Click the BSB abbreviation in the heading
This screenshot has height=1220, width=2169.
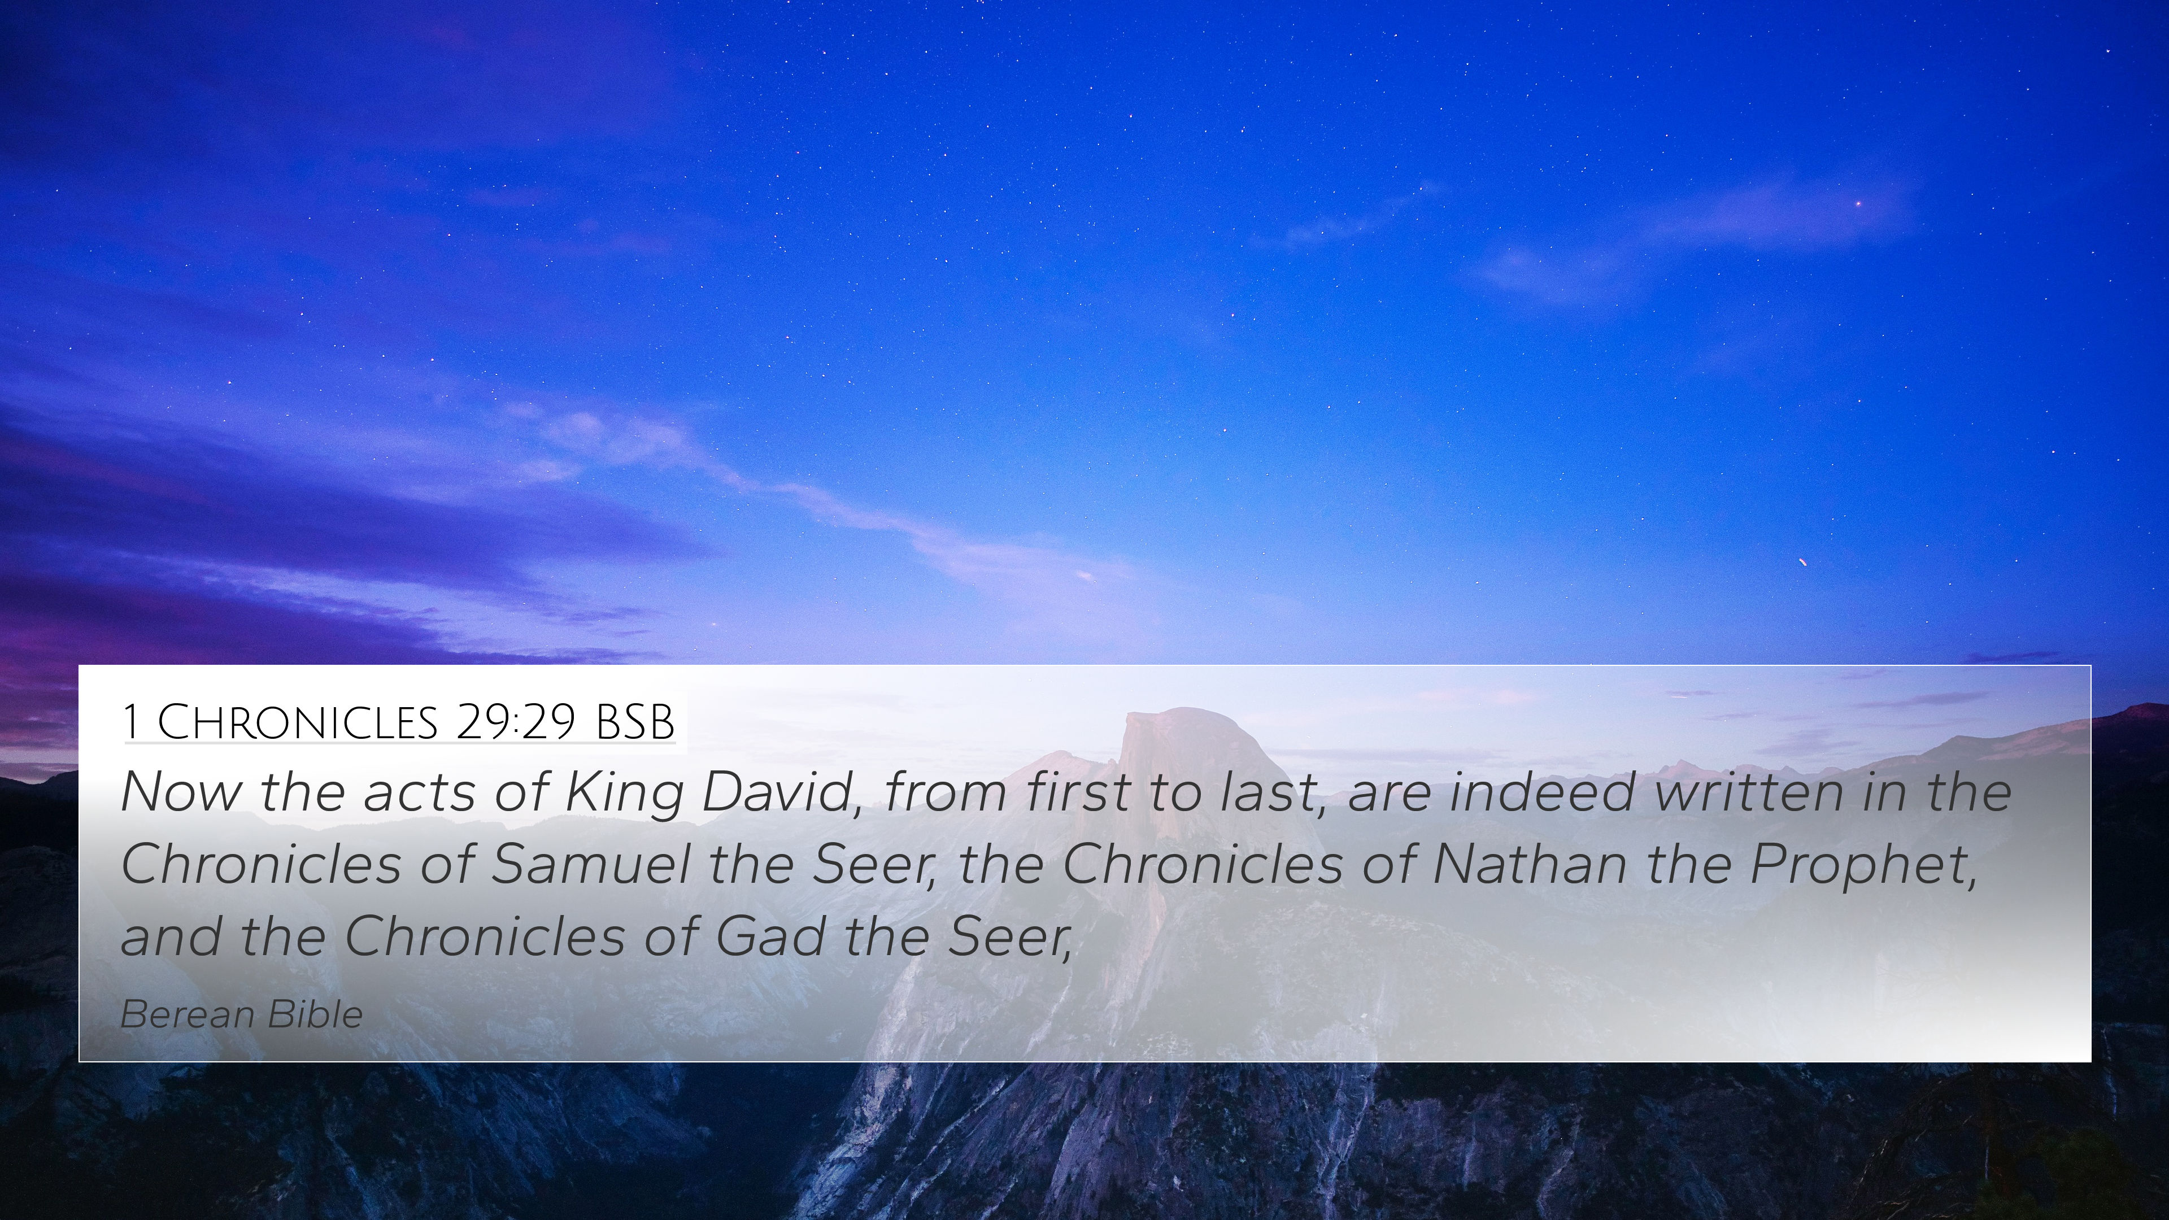635,722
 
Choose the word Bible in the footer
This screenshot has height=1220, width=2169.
314,1014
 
